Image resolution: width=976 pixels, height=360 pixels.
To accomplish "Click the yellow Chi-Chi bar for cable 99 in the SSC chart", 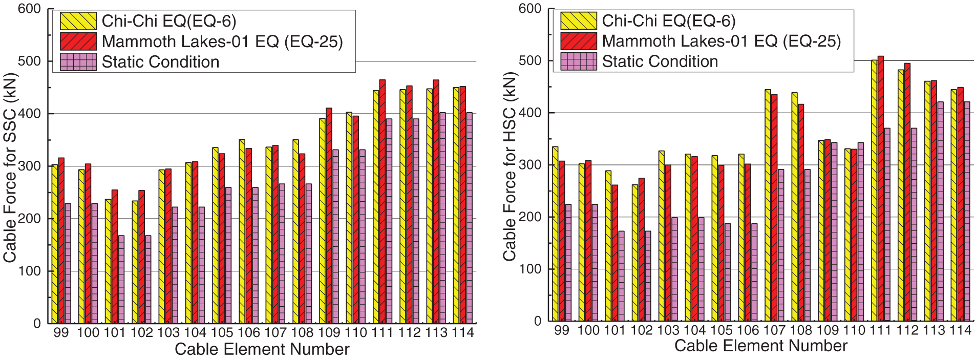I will click(55, 243).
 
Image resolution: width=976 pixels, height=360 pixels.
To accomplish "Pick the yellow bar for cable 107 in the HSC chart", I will click(768, 205).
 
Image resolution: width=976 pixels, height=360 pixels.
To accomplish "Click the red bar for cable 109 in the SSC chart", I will click(329, 215).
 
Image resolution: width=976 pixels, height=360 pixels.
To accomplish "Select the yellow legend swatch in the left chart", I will click(78, 21).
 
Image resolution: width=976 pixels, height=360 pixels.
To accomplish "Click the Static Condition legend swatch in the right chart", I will click(578, 61).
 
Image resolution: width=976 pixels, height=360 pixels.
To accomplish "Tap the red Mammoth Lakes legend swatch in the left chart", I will click(78, 41).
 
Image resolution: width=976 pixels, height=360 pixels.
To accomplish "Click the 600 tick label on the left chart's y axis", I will click(29, 9).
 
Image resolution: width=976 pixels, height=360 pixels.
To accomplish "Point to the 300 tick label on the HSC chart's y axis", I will click(530, 165).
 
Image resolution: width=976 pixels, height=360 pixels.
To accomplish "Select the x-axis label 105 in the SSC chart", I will click(222, 333).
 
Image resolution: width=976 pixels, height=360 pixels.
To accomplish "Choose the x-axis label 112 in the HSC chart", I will click(907, 330).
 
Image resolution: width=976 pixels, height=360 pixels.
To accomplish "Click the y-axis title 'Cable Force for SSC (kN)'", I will click(10, 168).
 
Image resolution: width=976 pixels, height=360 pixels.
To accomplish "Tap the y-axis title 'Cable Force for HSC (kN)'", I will click(510, 166).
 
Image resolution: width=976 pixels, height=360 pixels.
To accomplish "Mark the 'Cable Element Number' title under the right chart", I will click(760, 346).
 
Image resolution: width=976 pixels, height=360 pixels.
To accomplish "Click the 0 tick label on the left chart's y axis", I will click(37, 324).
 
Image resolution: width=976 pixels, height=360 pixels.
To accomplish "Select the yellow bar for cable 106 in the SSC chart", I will click(242, 231).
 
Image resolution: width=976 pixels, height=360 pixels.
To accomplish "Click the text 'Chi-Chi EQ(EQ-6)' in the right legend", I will click(668, 21).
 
